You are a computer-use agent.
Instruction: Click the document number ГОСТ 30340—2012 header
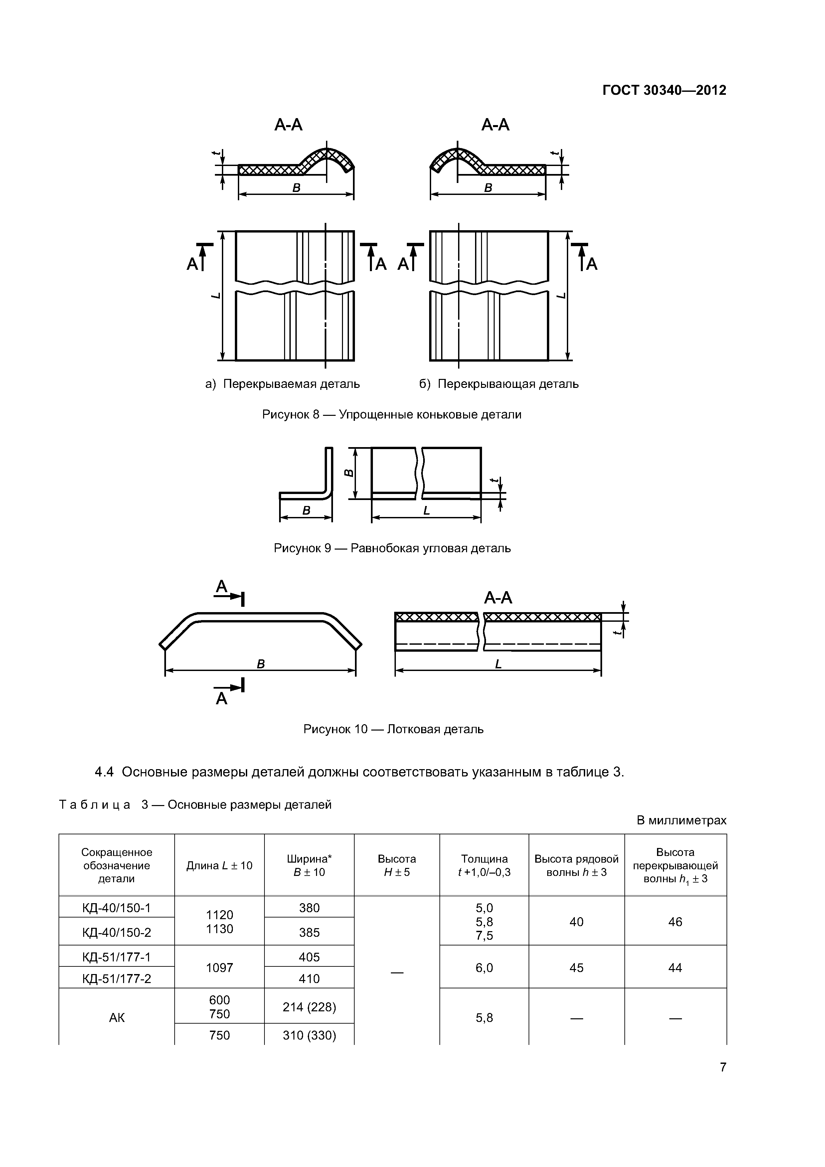[664, 90]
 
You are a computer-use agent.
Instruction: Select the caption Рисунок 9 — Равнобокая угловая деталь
[392, 549]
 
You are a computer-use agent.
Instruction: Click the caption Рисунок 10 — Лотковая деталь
[393, 729]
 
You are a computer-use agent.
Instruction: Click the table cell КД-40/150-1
[116, 908]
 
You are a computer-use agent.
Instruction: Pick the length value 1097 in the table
[219, 968]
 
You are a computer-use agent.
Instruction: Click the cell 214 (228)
[309, 1007]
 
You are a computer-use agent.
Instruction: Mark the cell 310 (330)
[309, 1035]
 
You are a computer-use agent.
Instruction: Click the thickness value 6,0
[484, 968]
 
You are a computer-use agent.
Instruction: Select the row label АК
[116, 1018]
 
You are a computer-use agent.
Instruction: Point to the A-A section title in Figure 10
[498, 598]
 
